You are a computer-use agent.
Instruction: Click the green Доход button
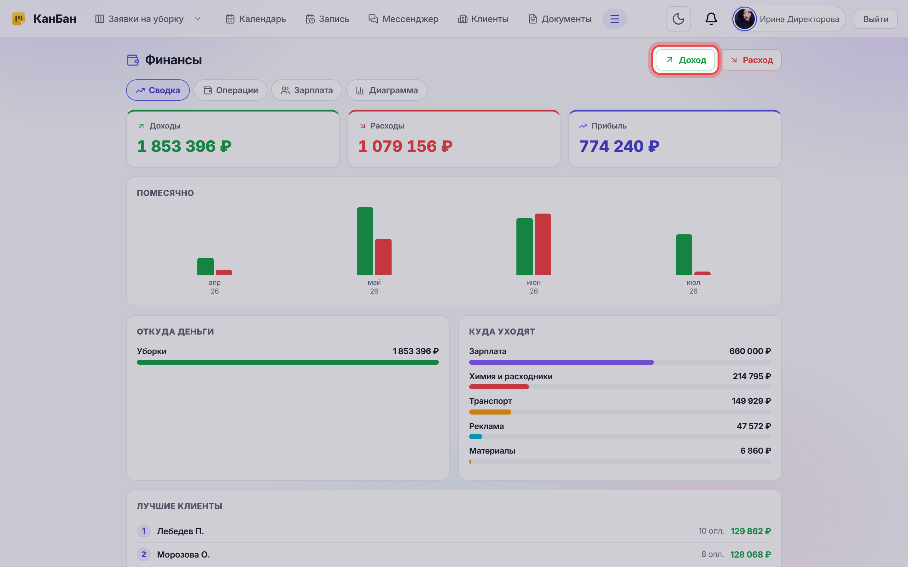[x=685, y=60]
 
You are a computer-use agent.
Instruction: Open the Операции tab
[x=230, y=90]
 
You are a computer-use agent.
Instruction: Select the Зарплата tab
[x=306, y=90]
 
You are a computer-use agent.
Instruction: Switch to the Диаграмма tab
[x=387, y=90]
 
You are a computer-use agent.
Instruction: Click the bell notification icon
[x=711, y=19]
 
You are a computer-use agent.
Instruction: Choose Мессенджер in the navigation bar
[x=403, y=19]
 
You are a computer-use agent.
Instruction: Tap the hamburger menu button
[x=614, y=19]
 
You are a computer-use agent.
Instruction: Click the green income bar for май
[x=365, y=241]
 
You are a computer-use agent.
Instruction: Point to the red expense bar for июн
[x=543, y=244]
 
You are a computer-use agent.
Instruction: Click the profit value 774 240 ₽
[x=620, y=146]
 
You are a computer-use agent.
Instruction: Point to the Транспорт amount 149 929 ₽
[x=751, y=401]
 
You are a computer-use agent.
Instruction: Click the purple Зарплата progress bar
[x=561, y=362]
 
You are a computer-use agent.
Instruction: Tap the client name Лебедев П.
[x=180, y=531]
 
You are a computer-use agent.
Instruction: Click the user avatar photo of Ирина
[x=744, y=19]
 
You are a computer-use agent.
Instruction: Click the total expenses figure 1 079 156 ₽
[x=405, y=146]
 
